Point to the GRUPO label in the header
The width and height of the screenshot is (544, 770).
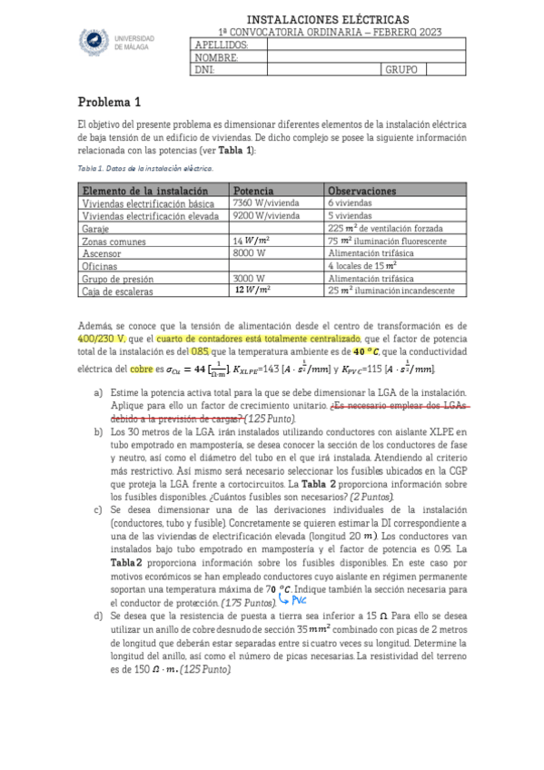coord(401,69)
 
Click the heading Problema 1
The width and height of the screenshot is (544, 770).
coord(109,102)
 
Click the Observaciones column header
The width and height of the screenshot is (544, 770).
coord(361,191)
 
